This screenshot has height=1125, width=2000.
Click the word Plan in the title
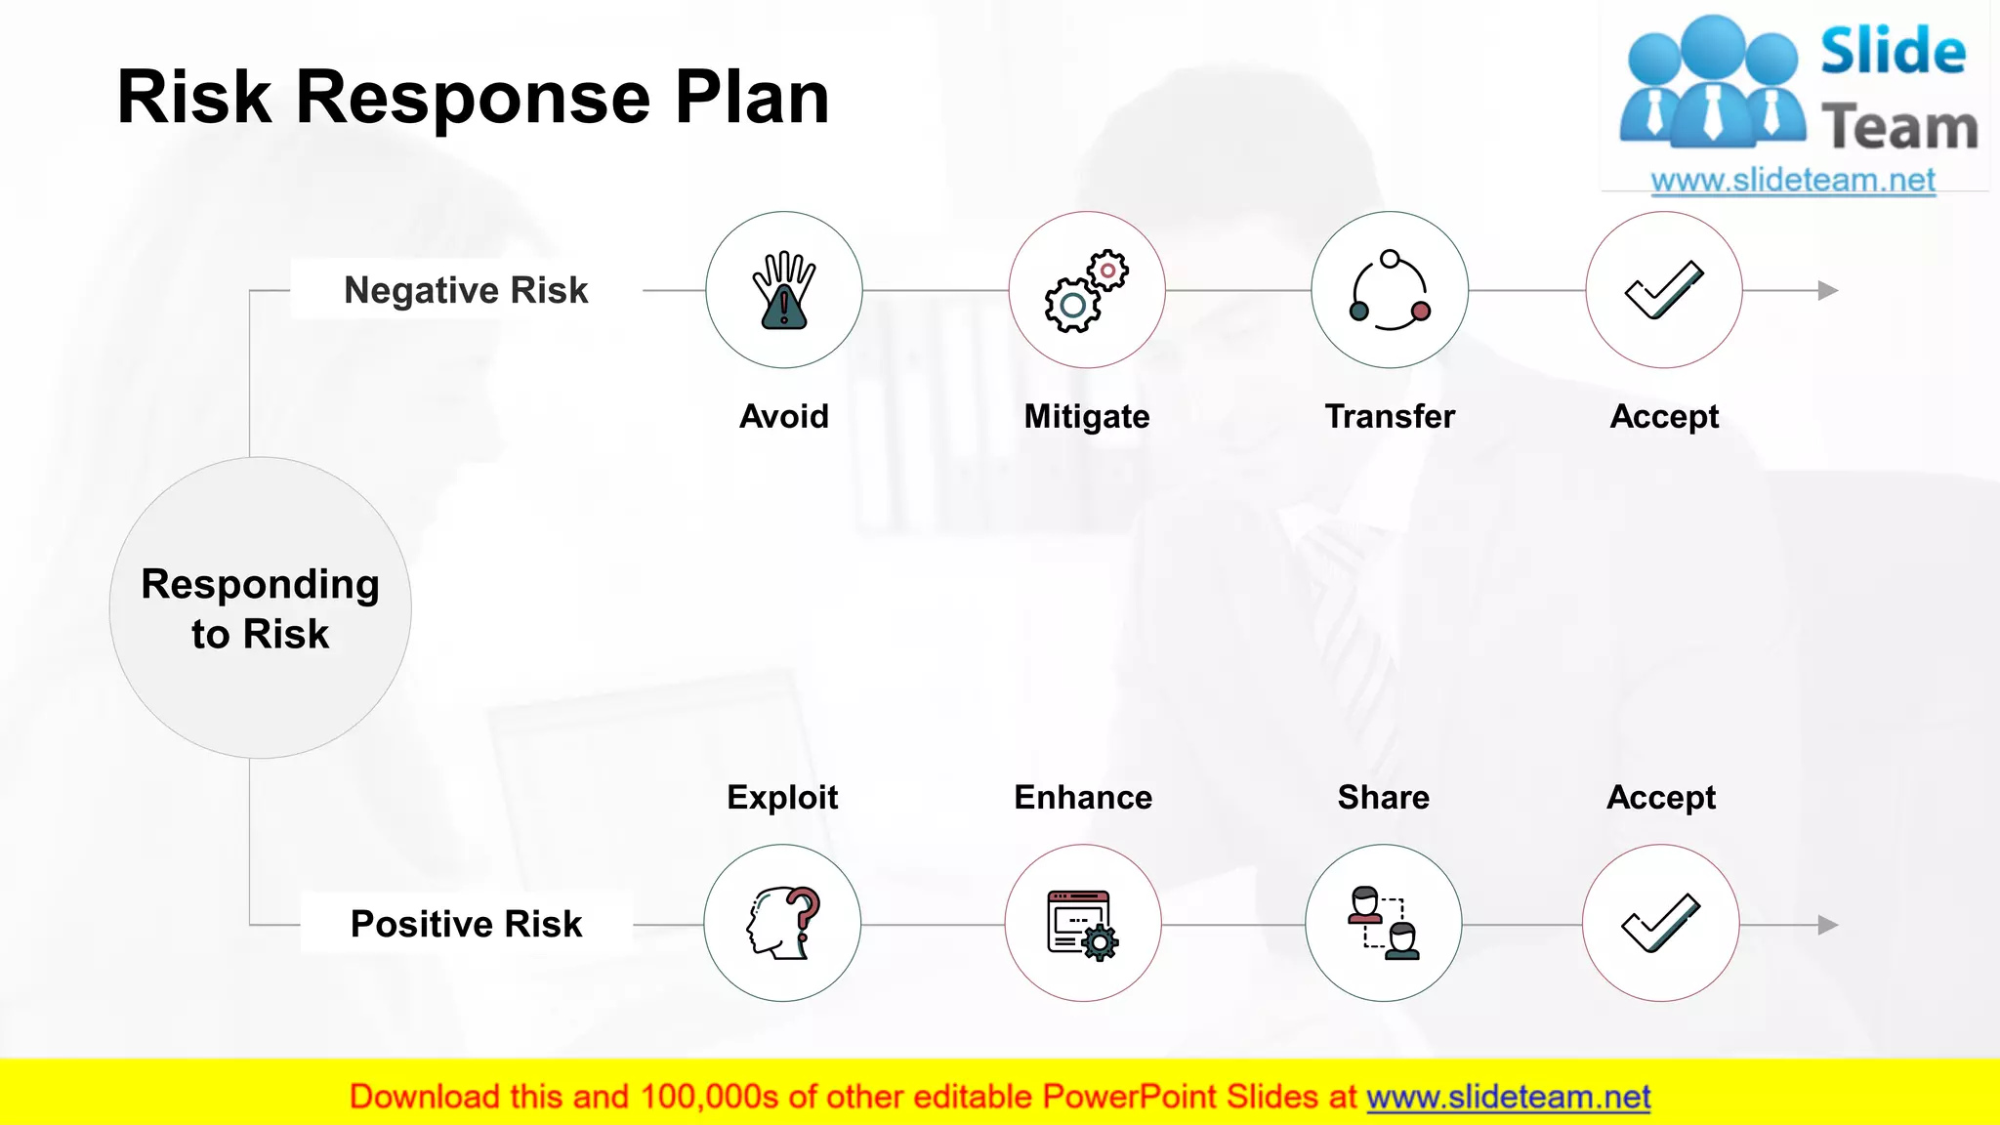(x=752, y=98)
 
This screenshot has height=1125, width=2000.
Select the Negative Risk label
(x=466, y=290)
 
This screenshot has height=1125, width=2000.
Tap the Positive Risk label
(x=466, y=924)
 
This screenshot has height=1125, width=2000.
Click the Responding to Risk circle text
(x=260, y=608)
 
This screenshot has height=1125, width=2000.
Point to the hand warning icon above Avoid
(x=784, y=290)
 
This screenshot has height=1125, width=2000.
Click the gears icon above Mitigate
(x=1086, y=290)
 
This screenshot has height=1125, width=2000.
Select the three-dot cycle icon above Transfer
(x=1390, y=290)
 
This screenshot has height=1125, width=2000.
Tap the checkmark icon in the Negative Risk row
(x=1664, y=290)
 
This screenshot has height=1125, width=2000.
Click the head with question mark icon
(x=783, y=923)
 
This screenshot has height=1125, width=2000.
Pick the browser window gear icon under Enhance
(x=1083, y=924)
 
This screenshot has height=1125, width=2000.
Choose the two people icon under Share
(x=1384, y=924)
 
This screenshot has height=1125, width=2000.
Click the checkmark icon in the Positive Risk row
(x=1661, y=924)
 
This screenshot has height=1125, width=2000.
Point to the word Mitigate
(x=1086, y=417)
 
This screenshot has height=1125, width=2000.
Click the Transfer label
(x=1390, y=417)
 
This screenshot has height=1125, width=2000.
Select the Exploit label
(x=782, y=798)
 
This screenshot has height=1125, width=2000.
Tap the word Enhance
(x=1083, y=798)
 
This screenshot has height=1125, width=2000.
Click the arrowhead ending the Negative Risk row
(x=1828, y=290)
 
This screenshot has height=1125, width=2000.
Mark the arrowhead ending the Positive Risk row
(x=1828, y=925)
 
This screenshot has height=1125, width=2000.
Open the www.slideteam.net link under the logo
(x=1793, y=181)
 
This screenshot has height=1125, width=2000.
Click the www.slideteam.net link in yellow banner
(x=1508, y=1098)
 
